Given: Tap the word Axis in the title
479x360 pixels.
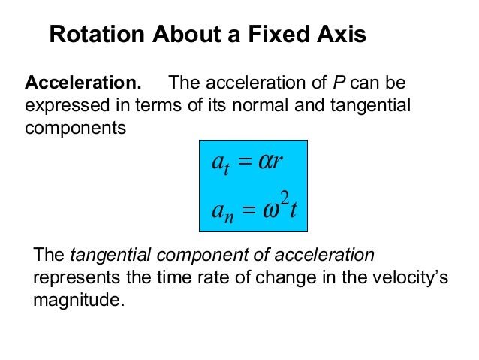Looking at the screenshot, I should (x=341, y=35).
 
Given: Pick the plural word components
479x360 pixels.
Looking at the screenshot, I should (x=76, y=128).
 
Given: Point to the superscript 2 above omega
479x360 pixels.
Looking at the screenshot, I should (x=283, y=197).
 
